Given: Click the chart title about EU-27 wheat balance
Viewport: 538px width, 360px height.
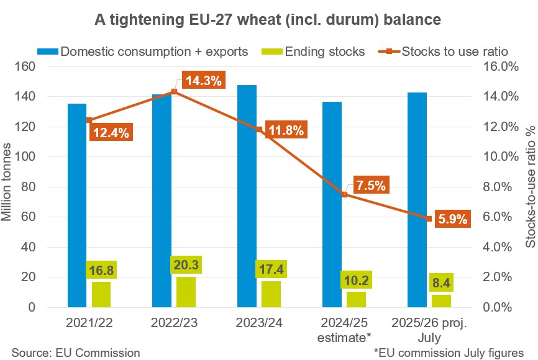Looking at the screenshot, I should [268, 20].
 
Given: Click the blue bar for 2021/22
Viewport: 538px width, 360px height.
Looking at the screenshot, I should [77, 205].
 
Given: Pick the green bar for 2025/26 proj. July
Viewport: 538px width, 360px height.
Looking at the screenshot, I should [441, 301].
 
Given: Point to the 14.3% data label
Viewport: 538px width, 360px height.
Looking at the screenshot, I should [203, 81].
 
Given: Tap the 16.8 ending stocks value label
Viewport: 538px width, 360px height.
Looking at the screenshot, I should [101, 271].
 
